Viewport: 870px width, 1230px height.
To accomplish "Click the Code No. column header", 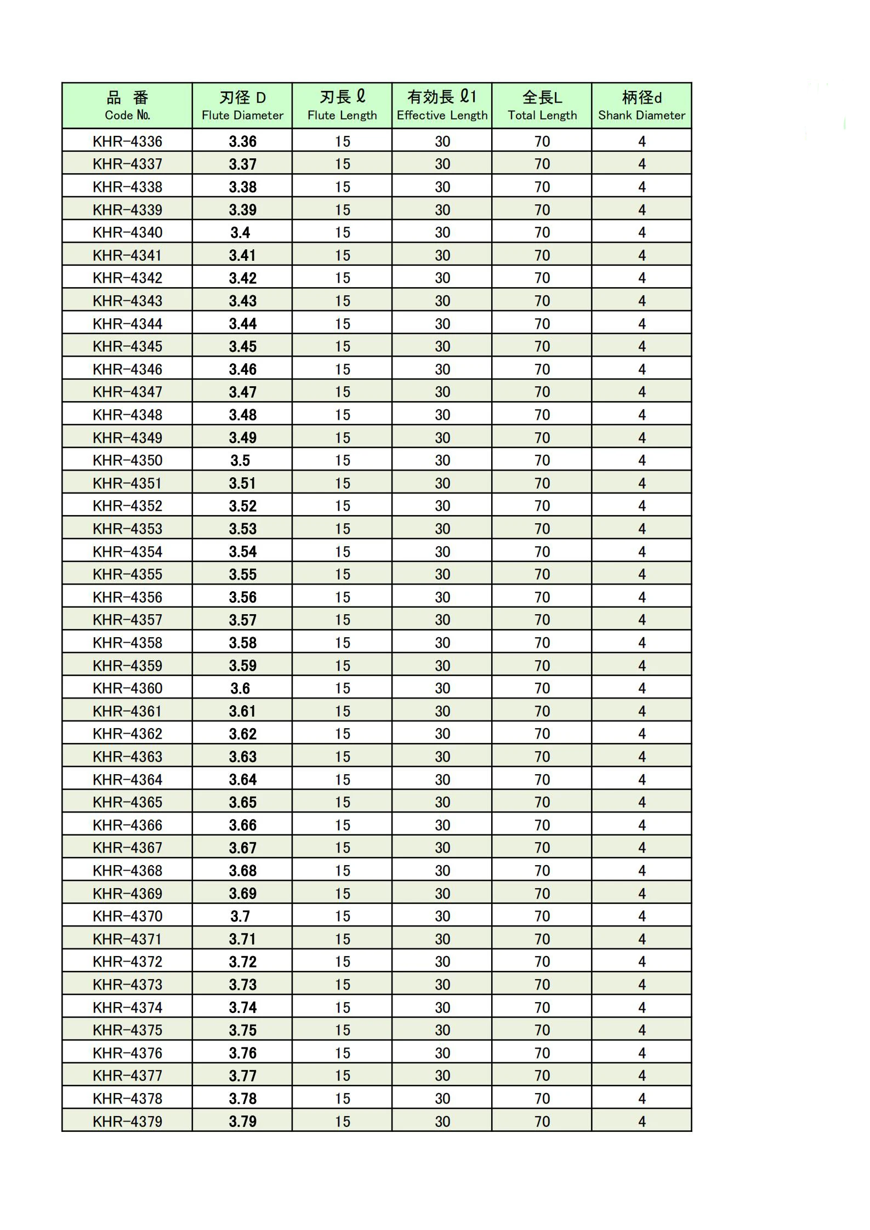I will click(x=127, y=106).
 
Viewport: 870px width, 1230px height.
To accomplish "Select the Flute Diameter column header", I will click(x=242, y=106).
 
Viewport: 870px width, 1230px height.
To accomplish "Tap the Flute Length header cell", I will click(x=342, y=106).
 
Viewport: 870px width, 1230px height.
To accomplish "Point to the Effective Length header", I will click(x=442, y=106).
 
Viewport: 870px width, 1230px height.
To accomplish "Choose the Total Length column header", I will click(x=542, y=106).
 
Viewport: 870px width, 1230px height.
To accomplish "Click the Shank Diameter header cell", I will click(x=641, y=106).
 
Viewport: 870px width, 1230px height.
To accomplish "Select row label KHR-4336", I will click(x=127, y=141).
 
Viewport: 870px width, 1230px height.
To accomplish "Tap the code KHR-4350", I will click(x=127, y=460).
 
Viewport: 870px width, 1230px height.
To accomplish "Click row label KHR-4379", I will click(x=127, y=1122).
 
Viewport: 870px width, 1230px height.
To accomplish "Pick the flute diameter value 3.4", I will click(x=240, y=232).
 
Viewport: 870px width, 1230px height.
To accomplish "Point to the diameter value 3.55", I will click(x=242, y=574).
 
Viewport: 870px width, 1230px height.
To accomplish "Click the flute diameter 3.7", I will click(x=240, y=916).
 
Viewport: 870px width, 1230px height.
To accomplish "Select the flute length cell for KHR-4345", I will click(x=342, y=346).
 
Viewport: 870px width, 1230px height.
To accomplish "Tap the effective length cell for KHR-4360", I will click(x=442, y=688).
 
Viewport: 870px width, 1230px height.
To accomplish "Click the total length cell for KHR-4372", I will click(x=542, y=962).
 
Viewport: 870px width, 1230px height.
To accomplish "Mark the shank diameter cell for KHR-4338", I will click(x=641, y=187).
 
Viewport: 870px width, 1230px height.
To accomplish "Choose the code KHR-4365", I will click(x=127, y=802).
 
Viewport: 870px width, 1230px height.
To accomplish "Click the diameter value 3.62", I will click(x=242, y=734).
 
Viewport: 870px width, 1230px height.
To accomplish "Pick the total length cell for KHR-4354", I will click(x=542, y=552).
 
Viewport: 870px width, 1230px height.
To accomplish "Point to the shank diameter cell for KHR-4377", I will click(x=641, y=1075).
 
